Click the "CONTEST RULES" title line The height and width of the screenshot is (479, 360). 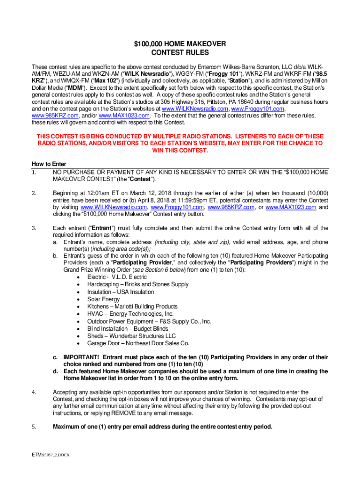pyautogui.click(x=180, y=53)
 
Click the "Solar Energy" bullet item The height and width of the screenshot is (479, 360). pyautogui.click(x=103, y=299)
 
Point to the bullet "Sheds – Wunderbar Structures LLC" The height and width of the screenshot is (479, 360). pyautogui.click(x=131, y=336)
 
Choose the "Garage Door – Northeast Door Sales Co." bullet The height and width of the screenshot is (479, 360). pyautogui.click(x=138, y=343)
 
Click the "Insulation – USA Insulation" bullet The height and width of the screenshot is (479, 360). pyautogui.click(x=120, y=292)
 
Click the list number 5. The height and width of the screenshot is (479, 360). pyautogui.click(x=34, y=427)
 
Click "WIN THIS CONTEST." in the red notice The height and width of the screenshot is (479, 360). pyautogui.click(x=180, y=150)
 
